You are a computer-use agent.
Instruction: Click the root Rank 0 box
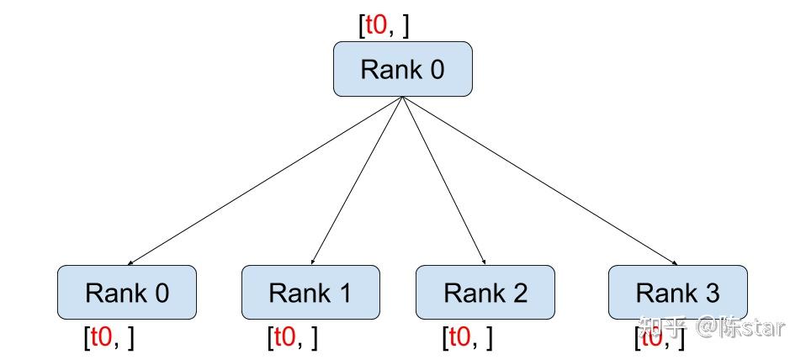(402, 69)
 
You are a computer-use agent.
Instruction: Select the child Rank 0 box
(126, 293)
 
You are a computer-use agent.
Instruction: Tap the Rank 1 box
(310, 293)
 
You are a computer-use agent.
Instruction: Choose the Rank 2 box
(485, 293)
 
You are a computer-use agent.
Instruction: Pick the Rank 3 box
(677, 293)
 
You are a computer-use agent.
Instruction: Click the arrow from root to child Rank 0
(265, 181)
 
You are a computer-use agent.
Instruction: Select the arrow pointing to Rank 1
(357, 181)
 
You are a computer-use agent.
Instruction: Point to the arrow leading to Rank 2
(443, 181)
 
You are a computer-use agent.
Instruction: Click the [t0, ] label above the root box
(384, 25)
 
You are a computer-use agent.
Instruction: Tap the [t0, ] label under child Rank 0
(109, 338)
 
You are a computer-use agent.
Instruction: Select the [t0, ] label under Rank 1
(292, 338)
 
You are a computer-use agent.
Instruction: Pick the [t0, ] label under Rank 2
(467, 338)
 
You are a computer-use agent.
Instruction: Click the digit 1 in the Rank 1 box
(344, 293)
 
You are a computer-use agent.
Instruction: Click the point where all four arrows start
(402, 98)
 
